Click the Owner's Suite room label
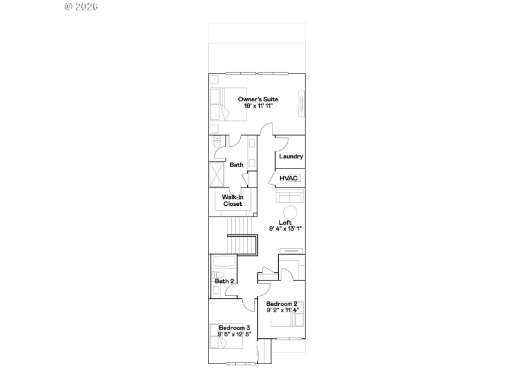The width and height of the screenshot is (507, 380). pyautogui.click(x=258, y=99)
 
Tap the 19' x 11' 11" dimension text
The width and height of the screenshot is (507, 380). pyautogui.click(x=258, y=106)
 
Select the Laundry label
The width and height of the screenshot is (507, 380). pyautogui.click(x=291, y=156)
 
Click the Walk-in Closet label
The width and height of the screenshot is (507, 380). pyautogui.click(x=233, y=200)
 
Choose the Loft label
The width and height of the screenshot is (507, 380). pyautogui.click(x=285, y=222)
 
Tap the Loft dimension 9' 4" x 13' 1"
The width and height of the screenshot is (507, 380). pyautogui.click(x=285, y=229)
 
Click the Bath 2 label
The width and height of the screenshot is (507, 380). pyautogui.click(x=224, y=281)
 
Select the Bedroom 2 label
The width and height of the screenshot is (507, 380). pyautogui.click(x=282, y=303)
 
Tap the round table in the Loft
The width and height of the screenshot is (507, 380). pyautogui.click(x=290, y=212)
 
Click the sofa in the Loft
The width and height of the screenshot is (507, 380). pyautogui.click(x=290, y=197)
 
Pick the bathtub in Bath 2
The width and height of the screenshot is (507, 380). pyautogui.click(x=222, y=262)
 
